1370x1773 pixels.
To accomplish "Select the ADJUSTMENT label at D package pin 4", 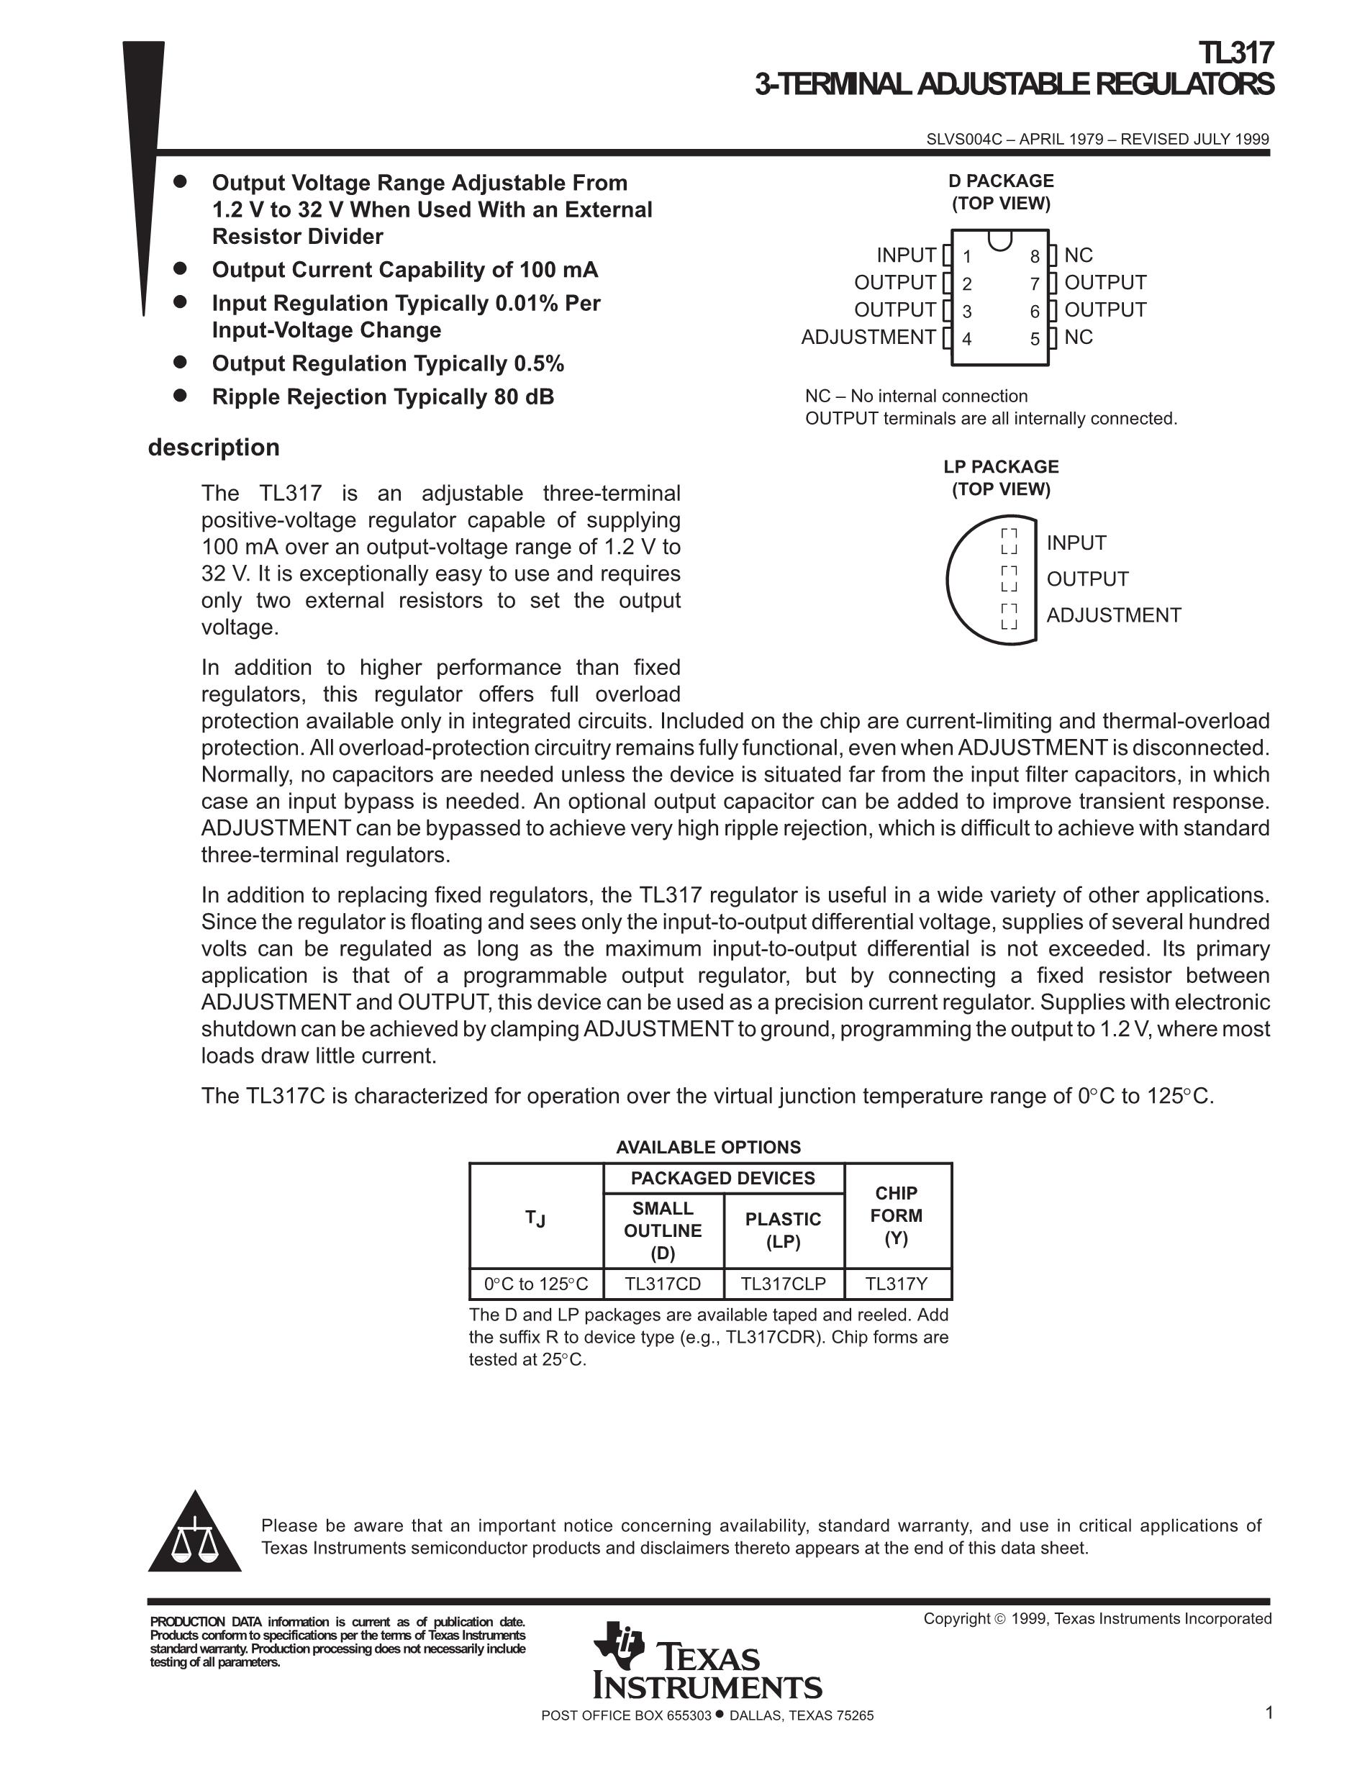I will click(x=868, y=337).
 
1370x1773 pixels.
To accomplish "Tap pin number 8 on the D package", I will click(x=1035, y=257).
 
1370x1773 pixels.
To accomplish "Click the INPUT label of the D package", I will click(x=906, y=255).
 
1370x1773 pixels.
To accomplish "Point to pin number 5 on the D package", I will click(x=1035, y=338).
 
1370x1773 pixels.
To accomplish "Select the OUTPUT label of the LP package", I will click(x=1087, y=579).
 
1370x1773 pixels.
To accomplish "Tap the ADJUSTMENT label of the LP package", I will click(x=1112, y=615).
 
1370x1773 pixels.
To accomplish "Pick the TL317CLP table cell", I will click(x=783, y=1284).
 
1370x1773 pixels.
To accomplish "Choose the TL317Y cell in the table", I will click(x=896, y=1284).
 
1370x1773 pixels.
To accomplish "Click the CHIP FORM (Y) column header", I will click(x=896, y=1215).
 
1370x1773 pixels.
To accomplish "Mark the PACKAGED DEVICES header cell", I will click(x=722, y=1178).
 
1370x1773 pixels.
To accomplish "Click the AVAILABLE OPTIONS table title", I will click(x=708, y=1147).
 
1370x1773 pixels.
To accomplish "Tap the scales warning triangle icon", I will click(x=195, y=1534).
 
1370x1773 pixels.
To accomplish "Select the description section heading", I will click(x=214, y=448).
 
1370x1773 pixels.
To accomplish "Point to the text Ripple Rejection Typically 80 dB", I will click(x=382, y=397).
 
